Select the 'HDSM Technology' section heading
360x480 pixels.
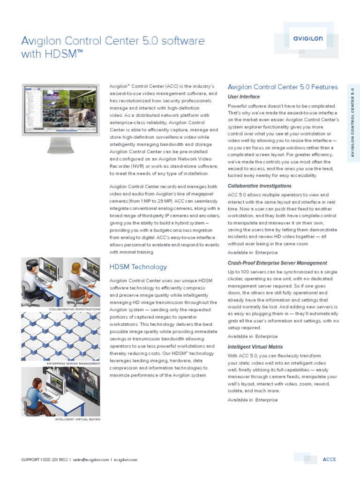click(x=138, y=267)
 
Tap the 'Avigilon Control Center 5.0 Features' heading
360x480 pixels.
click(x=282, y=87)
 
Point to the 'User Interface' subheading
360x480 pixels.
click(x=244, y=97)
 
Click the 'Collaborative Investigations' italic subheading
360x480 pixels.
click(x=259, y=186)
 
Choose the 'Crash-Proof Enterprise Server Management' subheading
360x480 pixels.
click(x=277, y=263)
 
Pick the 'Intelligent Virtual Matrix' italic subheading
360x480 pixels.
click(x=255, y=347)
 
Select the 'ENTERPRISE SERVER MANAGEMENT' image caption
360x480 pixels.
click(x=74, y=363)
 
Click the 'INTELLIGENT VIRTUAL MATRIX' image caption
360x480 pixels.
click(x=77, y=419)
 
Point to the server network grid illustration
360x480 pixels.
click(x=60, y=336)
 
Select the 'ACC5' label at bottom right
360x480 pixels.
click(x=330, y=459)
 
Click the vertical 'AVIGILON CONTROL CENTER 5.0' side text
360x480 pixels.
click(x=352, y=122)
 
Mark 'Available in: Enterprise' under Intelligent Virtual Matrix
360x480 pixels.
click(x=252, y=400)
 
